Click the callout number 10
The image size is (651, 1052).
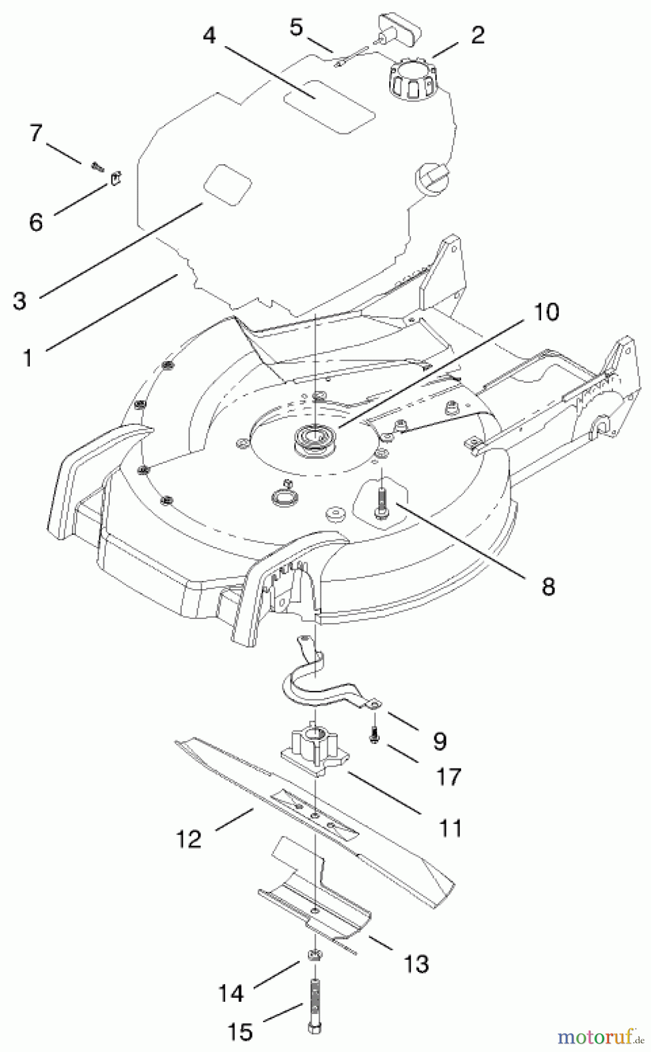click(546, 312)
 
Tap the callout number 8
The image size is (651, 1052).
click(548, 586)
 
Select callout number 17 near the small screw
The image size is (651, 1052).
click(448, 777)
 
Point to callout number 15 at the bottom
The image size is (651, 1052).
click(240, 1032)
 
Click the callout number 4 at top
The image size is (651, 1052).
click(209, 36)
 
